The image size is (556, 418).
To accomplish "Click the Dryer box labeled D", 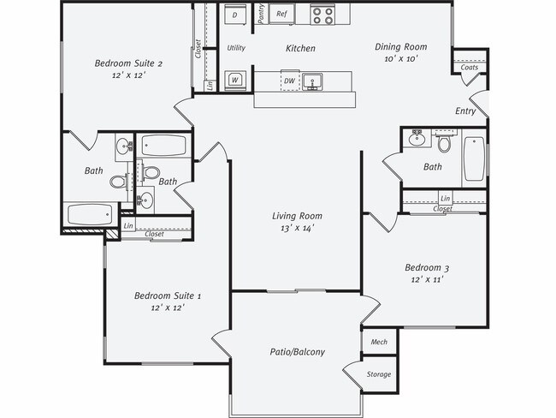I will click(x=235, y=15).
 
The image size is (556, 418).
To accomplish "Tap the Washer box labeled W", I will click(x=234, y=81).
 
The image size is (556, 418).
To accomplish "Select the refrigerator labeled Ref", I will click(x=281, y=15).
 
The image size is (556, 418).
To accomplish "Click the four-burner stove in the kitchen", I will click(x=322, y=15).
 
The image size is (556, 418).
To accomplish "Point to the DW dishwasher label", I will click(x=290, y=81).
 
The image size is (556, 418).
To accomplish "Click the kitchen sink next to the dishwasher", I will click(x=315, y=81).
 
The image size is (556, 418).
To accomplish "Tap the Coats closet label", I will click(x=469, y=68).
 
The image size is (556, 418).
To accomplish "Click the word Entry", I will click(x=465, y=110).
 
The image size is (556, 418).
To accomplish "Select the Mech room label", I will click(x=379, y=342).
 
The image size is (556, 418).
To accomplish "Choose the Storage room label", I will click(x=379, y=374).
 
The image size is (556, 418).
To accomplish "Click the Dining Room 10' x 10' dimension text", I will click(x=400, y=59).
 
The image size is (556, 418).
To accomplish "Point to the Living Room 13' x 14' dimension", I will click(x=297, y=229).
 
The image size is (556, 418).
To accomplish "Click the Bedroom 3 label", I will click(x=426, y=268).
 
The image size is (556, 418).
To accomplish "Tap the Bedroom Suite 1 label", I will click(x=168, y=296).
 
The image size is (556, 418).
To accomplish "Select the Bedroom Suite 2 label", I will click(x=127, y=63).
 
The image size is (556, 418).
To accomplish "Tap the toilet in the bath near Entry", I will click(x=445, y=142).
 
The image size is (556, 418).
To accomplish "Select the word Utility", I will click(x=236, y=48).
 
